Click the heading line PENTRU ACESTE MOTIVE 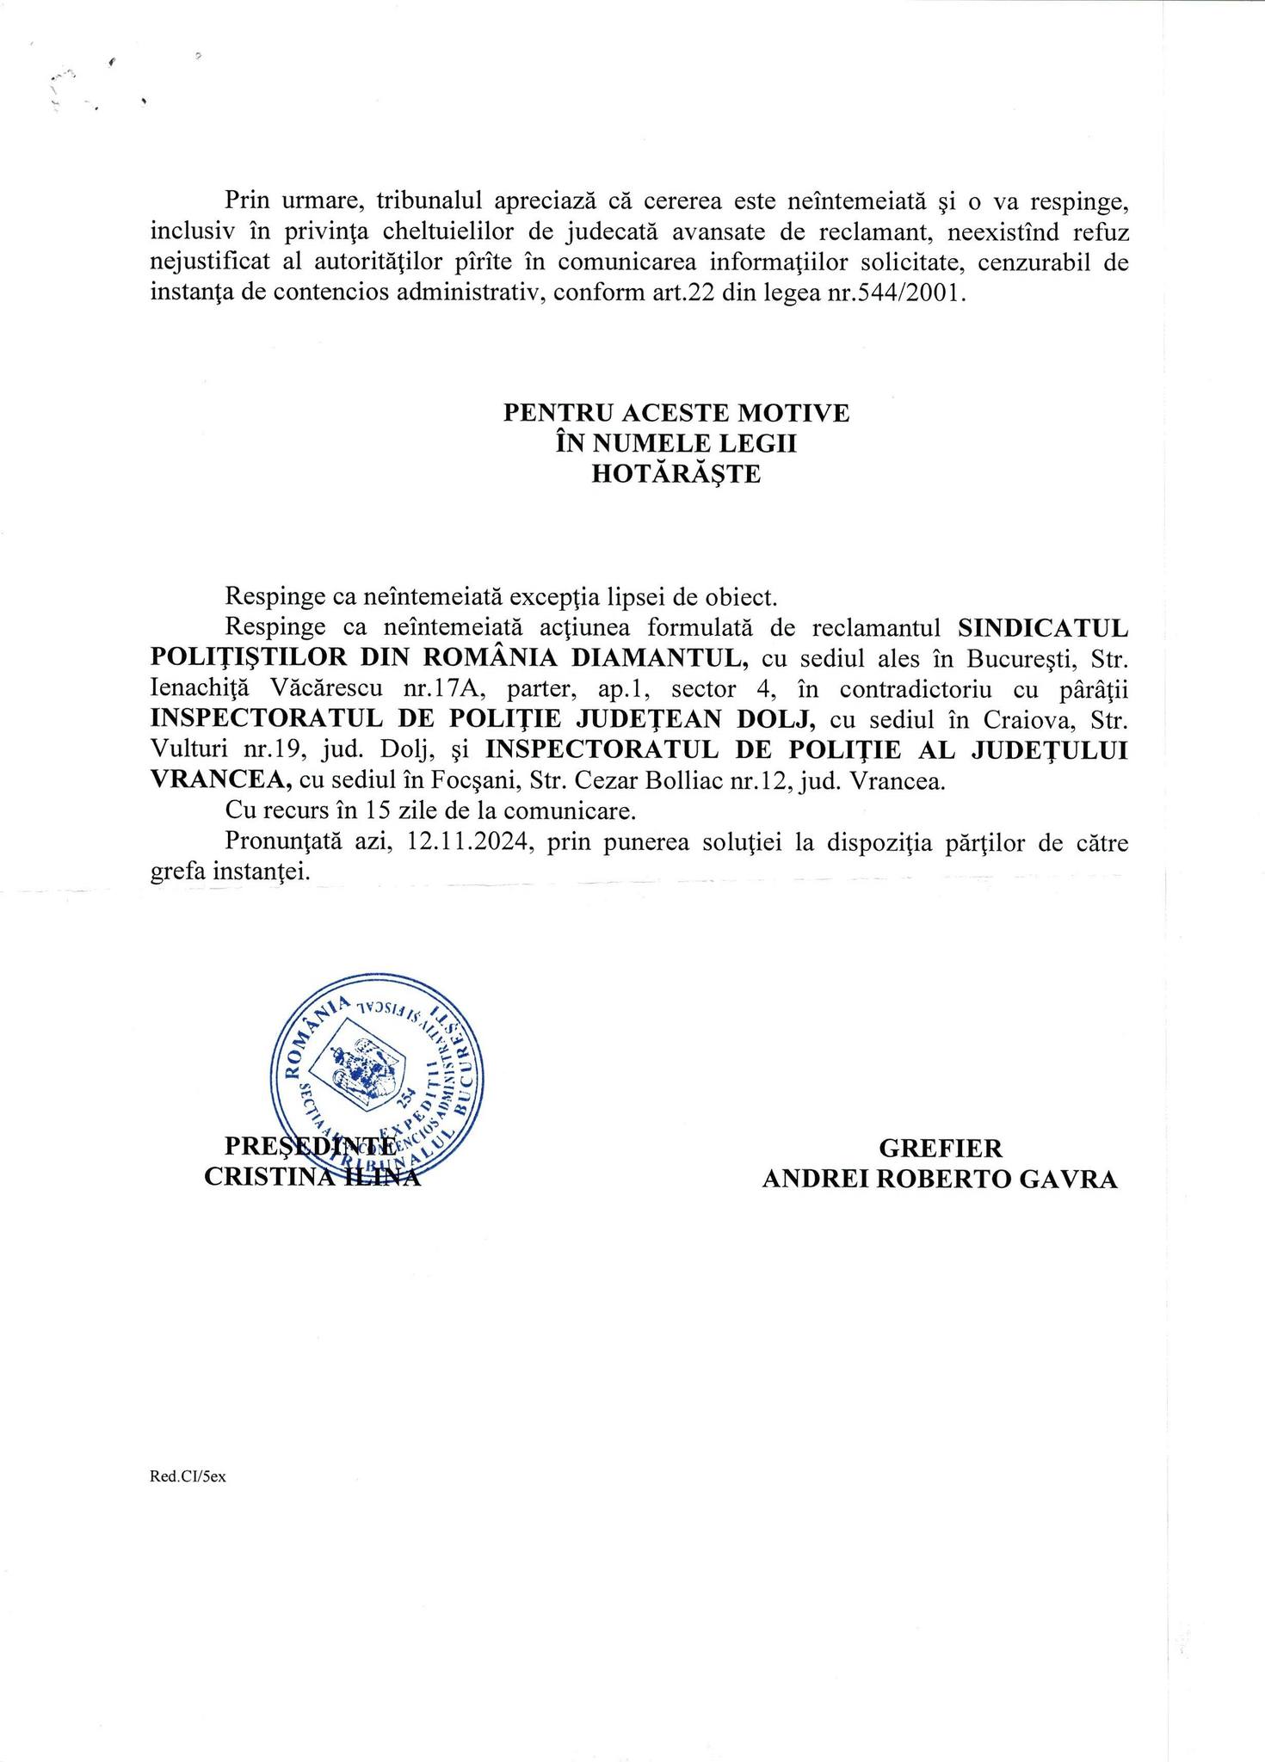676,413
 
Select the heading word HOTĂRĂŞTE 676,474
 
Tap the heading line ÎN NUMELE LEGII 676,444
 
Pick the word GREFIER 940,1149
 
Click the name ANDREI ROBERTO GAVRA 940,1180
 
